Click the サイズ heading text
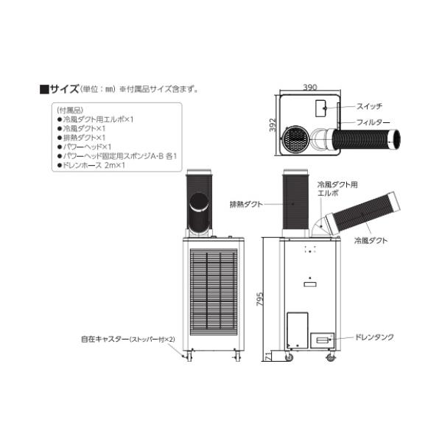click(64, 89)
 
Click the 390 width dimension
click(310, 87)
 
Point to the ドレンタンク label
click(375, 337)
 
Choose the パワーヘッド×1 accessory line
click(86, 147)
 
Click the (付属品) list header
click(69, 109)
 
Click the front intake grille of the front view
click(211, 292)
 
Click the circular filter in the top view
click(297, 137)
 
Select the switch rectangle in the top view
click(322, 108)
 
